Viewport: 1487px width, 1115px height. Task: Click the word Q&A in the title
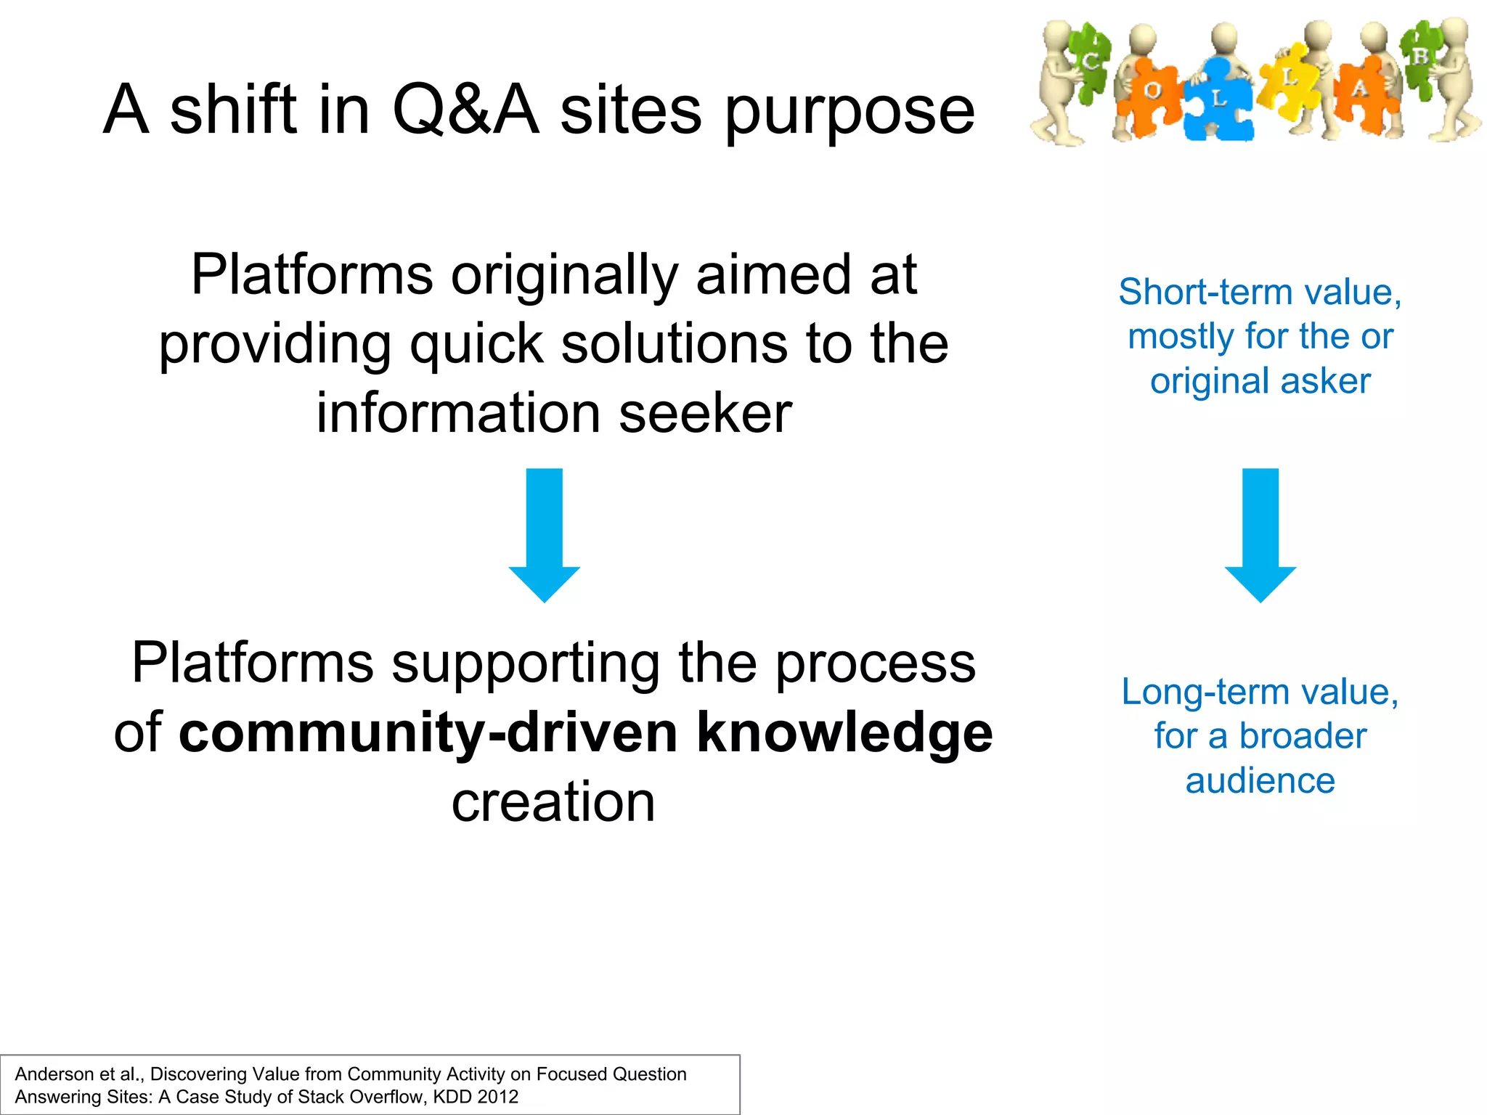coord(465,110)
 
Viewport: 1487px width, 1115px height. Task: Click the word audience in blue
coord(1260,781)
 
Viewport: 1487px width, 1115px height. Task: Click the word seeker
coord(705,413)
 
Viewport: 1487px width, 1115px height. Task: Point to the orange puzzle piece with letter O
coord(1152,93)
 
